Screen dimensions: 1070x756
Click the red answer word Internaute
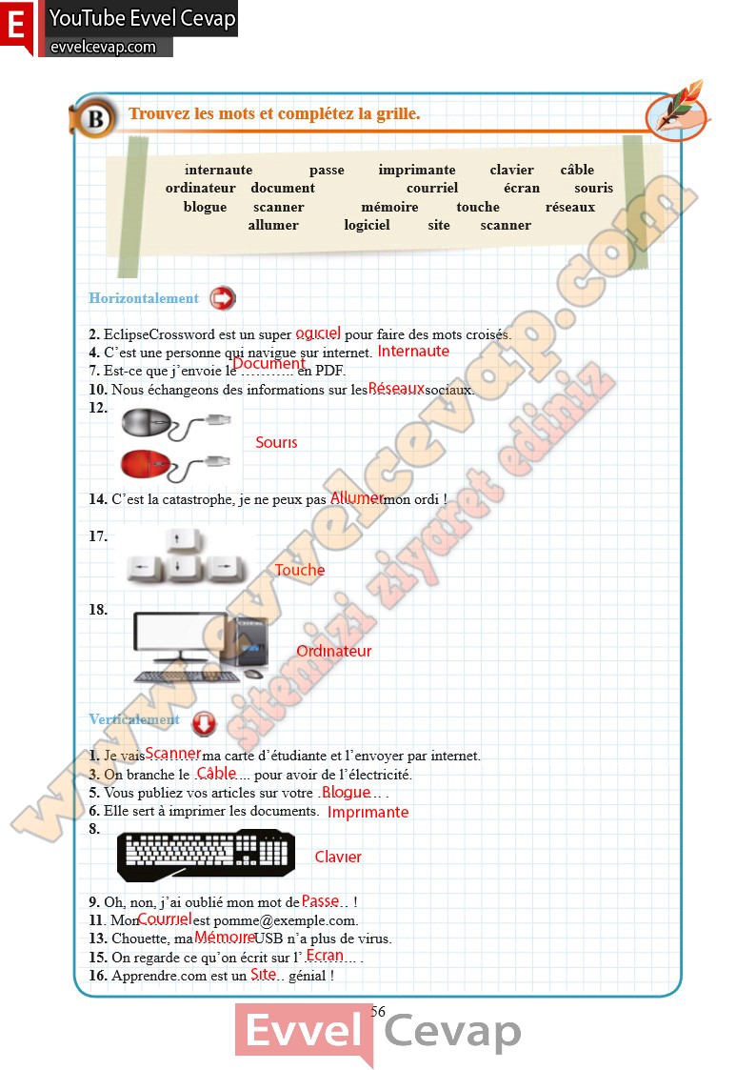click(413, 352)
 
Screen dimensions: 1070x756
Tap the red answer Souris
click(276, 443)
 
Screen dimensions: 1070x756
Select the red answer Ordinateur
click(333, 652)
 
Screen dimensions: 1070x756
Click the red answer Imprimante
click(368, 813)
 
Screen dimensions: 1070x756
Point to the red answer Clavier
click(338, 858)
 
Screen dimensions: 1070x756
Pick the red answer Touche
click(299, 571)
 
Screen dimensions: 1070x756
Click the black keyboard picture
click(206, 855)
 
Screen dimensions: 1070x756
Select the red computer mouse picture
click(148, 465)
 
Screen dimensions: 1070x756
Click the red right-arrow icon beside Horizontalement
click(222, 298)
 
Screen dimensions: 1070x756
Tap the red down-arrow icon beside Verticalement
click(204, 724)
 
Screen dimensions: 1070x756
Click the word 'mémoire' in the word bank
click(389, 207)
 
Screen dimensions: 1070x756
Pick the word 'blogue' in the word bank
click(205, 207)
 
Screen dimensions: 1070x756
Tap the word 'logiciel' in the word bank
click(367, 226)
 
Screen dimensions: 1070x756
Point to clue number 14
click(97, 499)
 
